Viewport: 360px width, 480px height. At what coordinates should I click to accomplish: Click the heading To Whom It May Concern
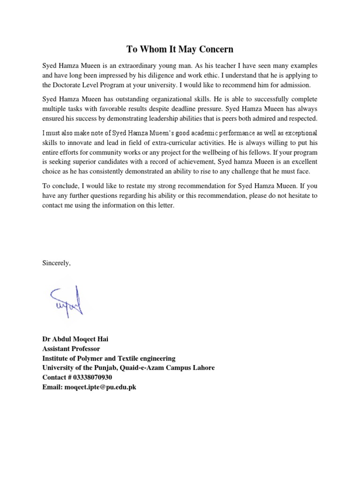coord(180,49)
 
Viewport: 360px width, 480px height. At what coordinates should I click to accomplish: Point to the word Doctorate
coord(72,86)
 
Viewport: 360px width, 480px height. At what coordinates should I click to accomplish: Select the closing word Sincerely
coord(56,263)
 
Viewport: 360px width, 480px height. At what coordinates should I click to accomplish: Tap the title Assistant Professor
coord(71,349)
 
